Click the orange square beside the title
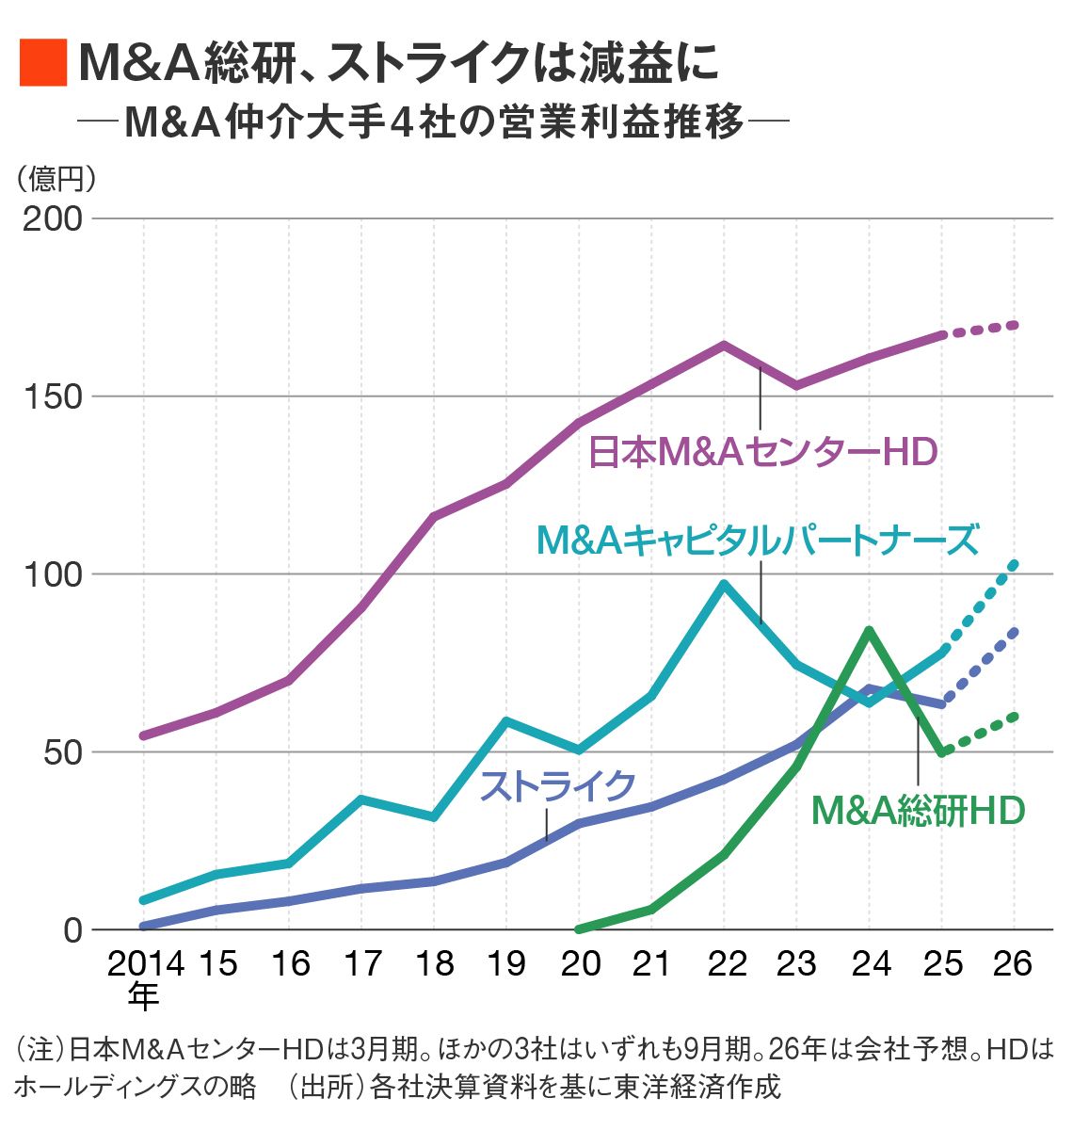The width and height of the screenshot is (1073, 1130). [43, 63]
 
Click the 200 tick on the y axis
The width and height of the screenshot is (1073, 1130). [53, 218]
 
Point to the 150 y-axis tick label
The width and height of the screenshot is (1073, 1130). [53, 396]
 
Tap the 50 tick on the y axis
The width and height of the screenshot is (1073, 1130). [65, 752]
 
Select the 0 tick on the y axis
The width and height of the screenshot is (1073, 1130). [73, 930]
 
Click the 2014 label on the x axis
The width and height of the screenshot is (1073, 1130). [145, 963]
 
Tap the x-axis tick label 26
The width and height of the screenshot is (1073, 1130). [1013, 963]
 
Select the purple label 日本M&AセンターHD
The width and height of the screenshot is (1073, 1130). [762, 452]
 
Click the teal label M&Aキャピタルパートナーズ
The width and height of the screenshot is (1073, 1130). [758, 541]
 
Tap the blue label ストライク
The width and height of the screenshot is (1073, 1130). [558, 784]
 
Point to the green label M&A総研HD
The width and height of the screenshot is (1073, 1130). [918, 810]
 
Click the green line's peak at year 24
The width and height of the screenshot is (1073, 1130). [869, 630]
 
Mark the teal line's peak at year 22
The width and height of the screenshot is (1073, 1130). [724, 584]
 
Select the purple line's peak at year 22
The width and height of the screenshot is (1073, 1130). [724, 345]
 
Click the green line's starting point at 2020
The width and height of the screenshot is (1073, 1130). [579, 928]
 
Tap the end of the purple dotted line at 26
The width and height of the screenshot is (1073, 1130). [1014, 325]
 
